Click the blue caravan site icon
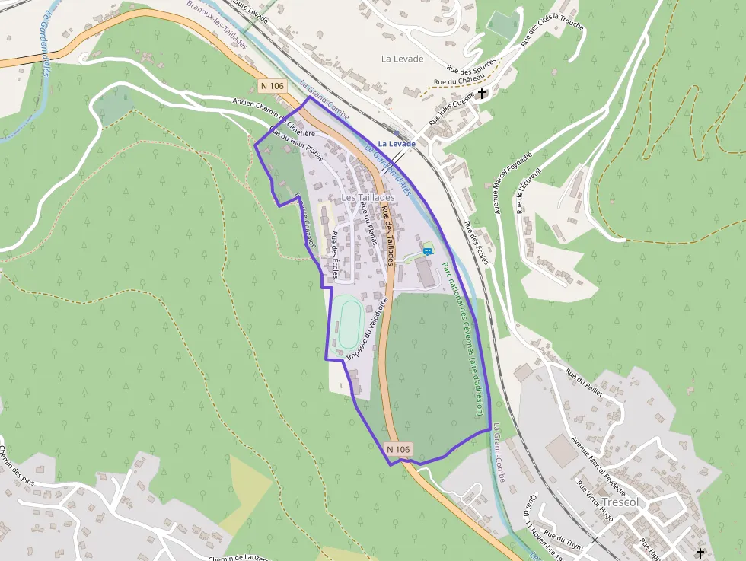tap(427, 251)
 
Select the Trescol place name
tap(620, 503)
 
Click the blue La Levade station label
tap(397, 143)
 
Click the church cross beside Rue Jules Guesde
tap(481, 94)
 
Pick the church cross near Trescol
tap(700, 553)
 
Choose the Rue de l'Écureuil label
tap(531, 190)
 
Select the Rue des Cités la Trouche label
tap(552, 33)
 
